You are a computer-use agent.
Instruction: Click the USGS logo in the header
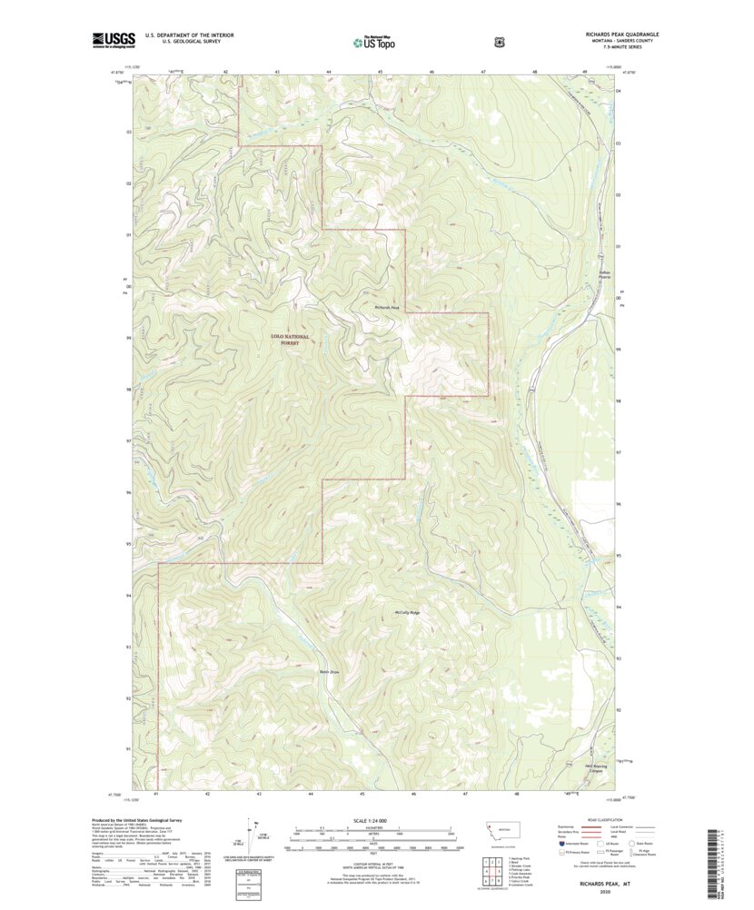[x=114, y=39]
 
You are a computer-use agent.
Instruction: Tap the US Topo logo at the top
[x=373, y=41]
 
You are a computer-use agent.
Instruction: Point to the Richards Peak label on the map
[x=388, y=307]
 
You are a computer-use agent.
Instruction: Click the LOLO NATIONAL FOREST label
[x=290, y=341]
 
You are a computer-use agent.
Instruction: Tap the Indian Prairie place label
[x=598, y=272]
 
